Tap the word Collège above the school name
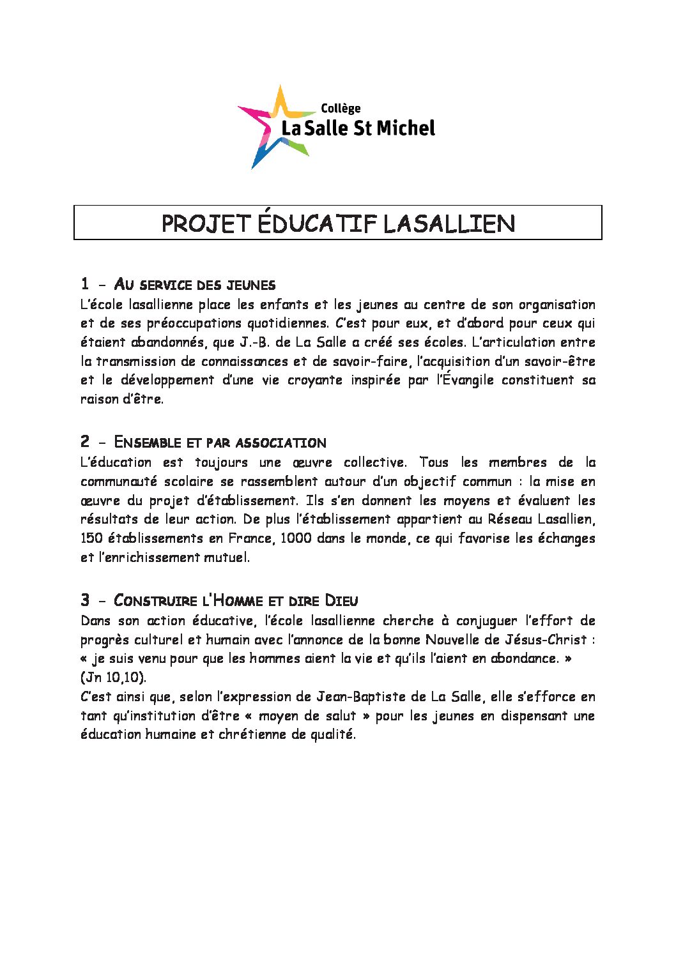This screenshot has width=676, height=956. point(341,109)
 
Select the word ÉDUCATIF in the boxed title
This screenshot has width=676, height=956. point(317,224)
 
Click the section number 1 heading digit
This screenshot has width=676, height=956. point(85,284)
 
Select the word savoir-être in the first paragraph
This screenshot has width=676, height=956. point(560,361)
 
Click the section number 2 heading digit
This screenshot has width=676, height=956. point(85,441)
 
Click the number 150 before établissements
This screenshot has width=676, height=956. point(91,538)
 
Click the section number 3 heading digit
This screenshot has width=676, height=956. point(85,600)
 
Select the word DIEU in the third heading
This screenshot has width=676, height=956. point(342,601)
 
